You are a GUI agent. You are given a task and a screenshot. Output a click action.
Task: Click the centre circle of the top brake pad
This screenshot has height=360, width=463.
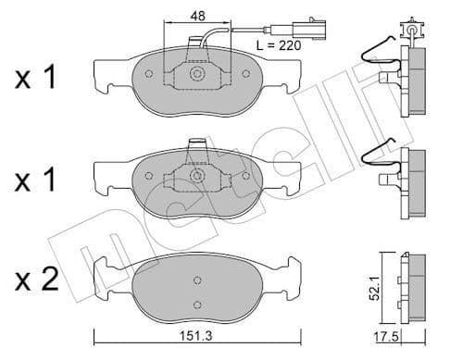[195, 75]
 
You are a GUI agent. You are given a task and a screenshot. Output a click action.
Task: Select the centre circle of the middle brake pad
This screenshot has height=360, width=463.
[195, 175]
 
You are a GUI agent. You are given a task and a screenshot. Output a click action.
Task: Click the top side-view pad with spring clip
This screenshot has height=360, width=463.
[414, 74]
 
